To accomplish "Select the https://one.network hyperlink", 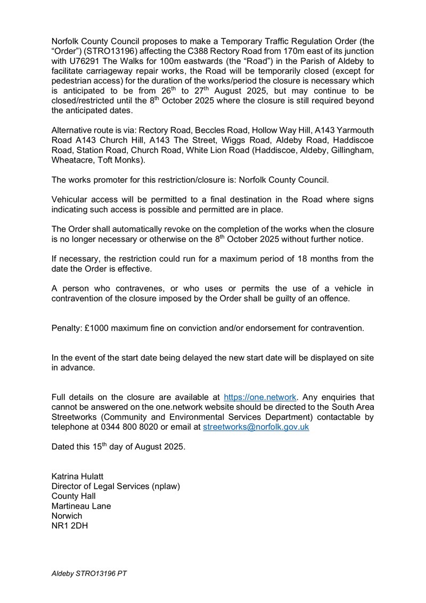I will pos(260,397).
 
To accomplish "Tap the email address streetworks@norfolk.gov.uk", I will pos(256,427).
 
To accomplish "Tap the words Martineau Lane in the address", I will pos(81,506).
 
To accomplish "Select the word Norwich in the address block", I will pos(67,516).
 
